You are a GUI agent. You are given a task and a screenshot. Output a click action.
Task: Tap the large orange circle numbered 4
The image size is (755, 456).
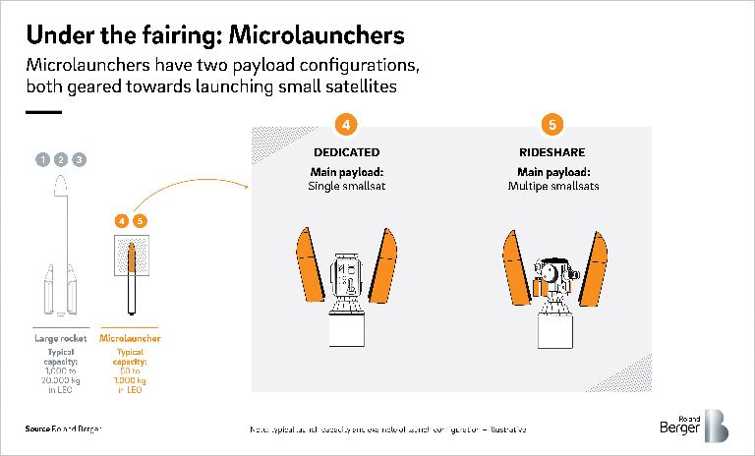coord(345,125)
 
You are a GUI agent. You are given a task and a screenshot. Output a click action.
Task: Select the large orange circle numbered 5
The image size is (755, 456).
coord(553,125)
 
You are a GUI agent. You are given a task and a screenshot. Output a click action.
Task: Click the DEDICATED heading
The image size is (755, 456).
coord(345,153)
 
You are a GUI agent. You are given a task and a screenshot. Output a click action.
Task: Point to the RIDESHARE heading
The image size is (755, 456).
coord(553,153)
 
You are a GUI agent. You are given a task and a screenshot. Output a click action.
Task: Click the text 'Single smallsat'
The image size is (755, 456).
coord(345,186)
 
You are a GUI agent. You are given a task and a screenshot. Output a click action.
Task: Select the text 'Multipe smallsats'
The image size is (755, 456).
coord(553,186)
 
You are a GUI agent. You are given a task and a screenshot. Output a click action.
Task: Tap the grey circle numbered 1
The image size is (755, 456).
coord(41,159)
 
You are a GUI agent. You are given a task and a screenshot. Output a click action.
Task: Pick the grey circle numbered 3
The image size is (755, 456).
coord(80,159)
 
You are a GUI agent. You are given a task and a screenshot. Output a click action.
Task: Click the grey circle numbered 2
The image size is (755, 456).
coord(61,159)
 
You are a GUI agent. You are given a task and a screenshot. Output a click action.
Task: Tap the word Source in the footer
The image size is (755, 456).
coord(38,429)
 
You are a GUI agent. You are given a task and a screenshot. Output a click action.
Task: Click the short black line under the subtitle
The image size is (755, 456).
coord(43,112)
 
